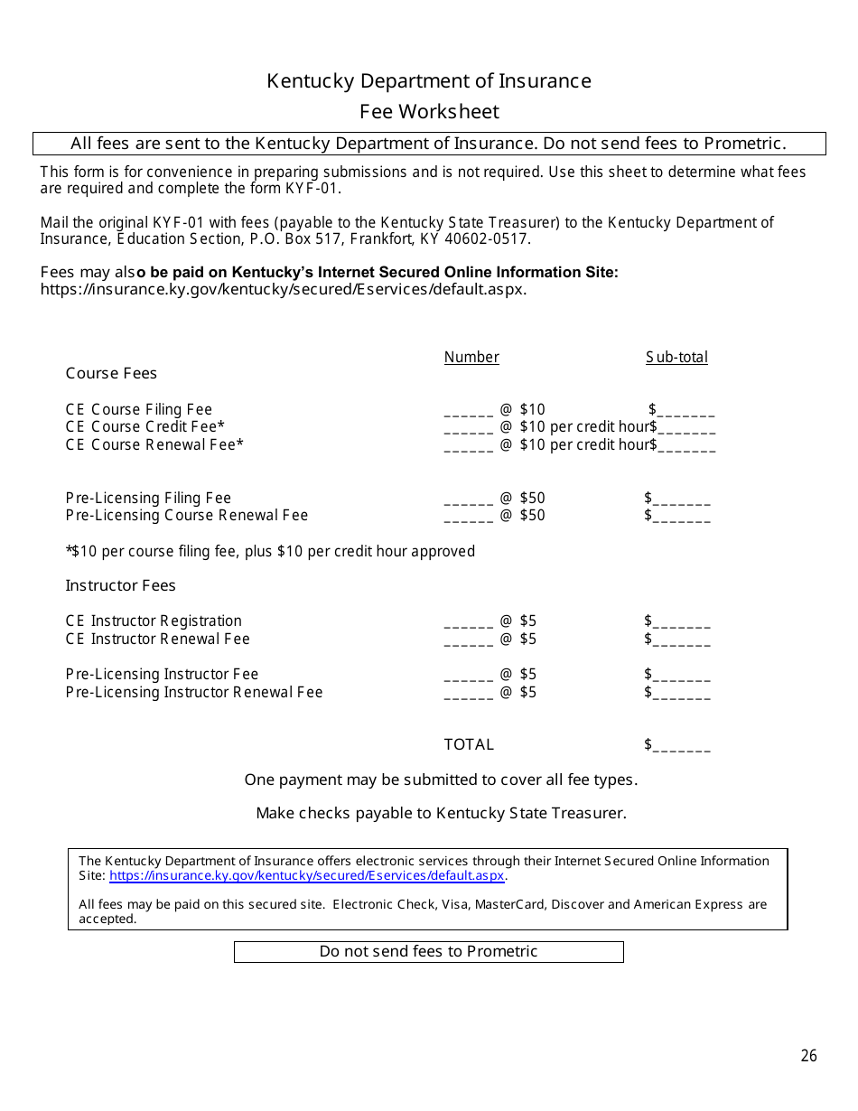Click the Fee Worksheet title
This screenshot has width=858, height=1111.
(x=429, y=112)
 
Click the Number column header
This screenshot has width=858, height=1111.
(x=471, y=357)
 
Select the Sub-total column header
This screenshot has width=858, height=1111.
(x=676, y=357)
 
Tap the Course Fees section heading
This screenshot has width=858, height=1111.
(x=111, y=373)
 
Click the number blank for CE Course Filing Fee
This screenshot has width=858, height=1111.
(x=468, y=411)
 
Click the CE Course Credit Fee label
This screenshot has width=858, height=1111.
(x=145, y=426)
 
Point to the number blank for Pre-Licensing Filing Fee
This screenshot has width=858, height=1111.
(x=468, y=499)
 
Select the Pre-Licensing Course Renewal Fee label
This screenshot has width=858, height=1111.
(x=187, y=515)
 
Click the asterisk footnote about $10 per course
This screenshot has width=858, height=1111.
(x=270, y=551)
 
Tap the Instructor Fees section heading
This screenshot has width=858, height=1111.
(x=120, y=585)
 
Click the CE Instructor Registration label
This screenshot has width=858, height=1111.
(x=154, y=621)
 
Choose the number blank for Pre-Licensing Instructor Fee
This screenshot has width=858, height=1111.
(x=468, y=676)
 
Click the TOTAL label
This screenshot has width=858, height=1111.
(x=469, y=744)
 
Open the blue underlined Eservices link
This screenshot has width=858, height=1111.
(x=307, y=875)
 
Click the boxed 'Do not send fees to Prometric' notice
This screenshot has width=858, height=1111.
(x=428, y=951)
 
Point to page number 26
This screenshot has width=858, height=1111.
(x=808, y=1056)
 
